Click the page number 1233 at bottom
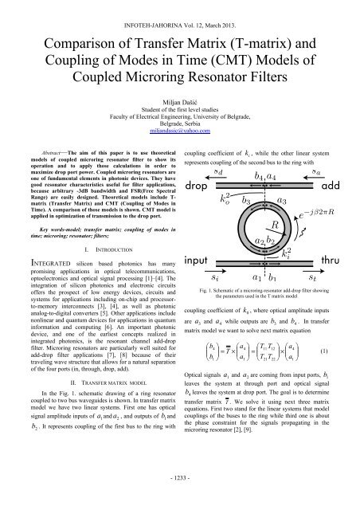[x=180, y=499]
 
